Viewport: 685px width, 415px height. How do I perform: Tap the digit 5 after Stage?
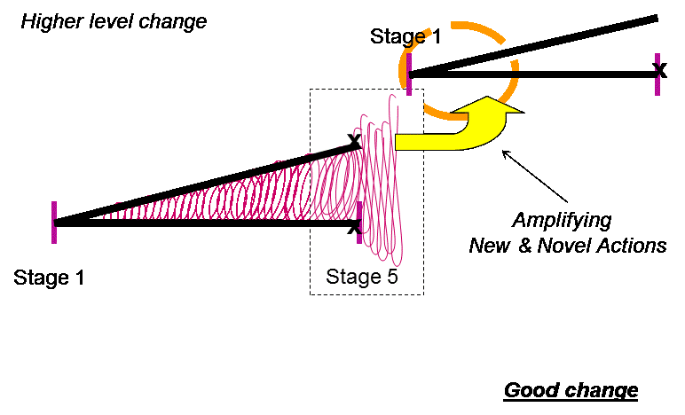coord(391,276)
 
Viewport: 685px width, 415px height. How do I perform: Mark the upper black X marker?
coord(355,140)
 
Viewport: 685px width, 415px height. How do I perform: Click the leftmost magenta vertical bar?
coord(54,222)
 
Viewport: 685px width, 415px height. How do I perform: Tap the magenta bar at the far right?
coord(657,74)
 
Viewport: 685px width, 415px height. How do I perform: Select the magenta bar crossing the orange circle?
coord(409,74)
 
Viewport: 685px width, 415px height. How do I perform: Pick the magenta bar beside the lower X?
coord(358,213)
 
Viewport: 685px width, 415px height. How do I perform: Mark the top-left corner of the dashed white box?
coord(311,90)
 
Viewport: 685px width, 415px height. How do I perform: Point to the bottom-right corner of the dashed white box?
coord(422,294)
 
